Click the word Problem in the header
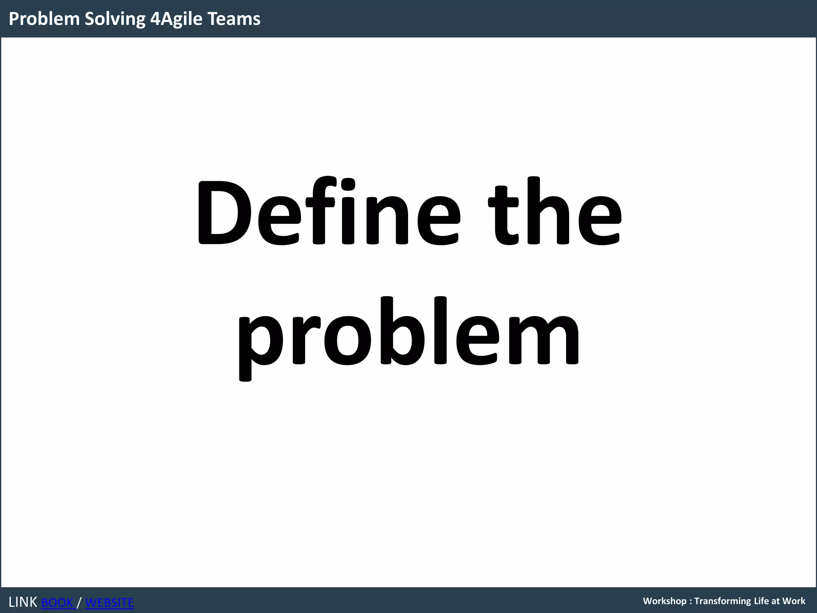click(44, 19)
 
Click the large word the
click(555, 212)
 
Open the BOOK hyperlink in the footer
click(58, 602)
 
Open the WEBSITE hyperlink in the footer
click(109, 602)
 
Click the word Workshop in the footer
click(664, 601)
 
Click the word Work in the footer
click(793, 601)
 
